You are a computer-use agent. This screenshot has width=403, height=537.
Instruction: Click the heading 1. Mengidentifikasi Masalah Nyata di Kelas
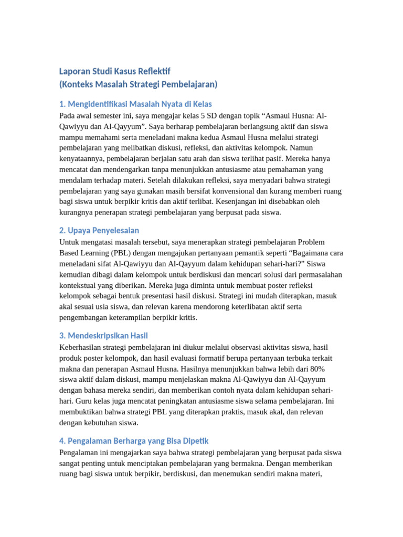click(135, 104)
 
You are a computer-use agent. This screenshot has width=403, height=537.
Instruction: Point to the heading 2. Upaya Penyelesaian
click(99, 230)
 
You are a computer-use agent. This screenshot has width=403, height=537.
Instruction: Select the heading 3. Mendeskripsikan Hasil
click(107, 335)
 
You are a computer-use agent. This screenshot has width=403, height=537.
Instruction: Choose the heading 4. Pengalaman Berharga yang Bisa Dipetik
click(134, 441)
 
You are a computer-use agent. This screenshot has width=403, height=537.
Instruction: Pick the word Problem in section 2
click(312, 242)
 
